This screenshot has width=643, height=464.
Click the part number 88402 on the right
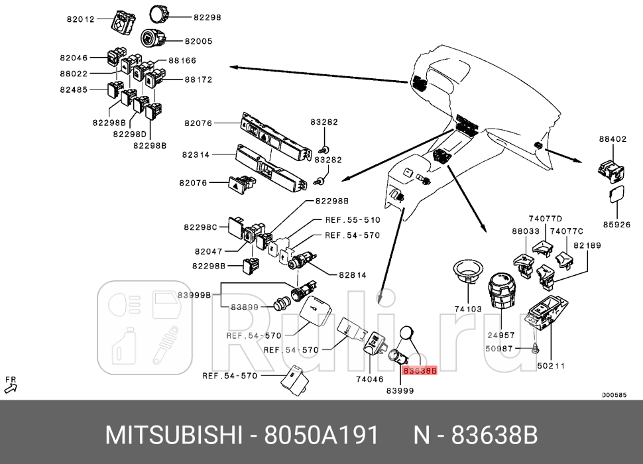click(x=613, y=139)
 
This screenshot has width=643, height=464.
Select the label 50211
click(x=550, y=365)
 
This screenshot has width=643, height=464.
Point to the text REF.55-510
click(x=352, y=219)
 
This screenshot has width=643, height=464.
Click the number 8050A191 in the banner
click(x=321, y=435)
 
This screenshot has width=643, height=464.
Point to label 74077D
click(x=545, y=219)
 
